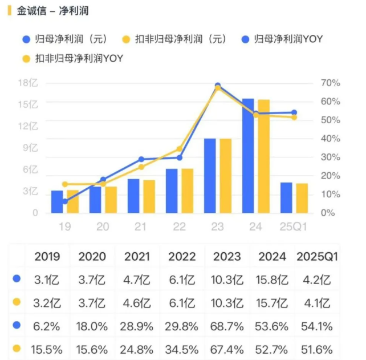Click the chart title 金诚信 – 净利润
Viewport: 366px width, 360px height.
tap(53, 11)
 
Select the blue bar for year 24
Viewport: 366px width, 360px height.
tap(248, 156)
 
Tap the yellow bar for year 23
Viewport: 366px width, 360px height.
tap(225, 176)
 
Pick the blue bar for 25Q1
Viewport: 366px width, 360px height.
tap(286, 197)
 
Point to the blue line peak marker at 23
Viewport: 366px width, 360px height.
tap(218, 86)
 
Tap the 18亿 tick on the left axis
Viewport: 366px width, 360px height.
tap(28, 83)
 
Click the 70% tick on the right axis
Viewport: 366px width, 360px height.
tap(331, 83)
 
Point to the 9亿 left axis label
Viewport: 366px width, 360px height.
tap(30, 148)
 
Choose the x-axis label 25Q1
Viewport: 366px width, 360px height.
tap(294, 227)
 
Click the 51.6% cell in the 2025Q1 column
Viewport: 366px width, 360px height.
tap(317, 349)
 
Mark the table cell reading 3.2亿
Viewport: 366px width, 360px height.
tap(47, 302)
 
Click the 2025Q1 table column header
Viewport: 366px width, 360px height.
tap(317, 256)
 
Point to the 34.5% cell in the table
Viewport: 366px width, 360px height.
tap(182, 349)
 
